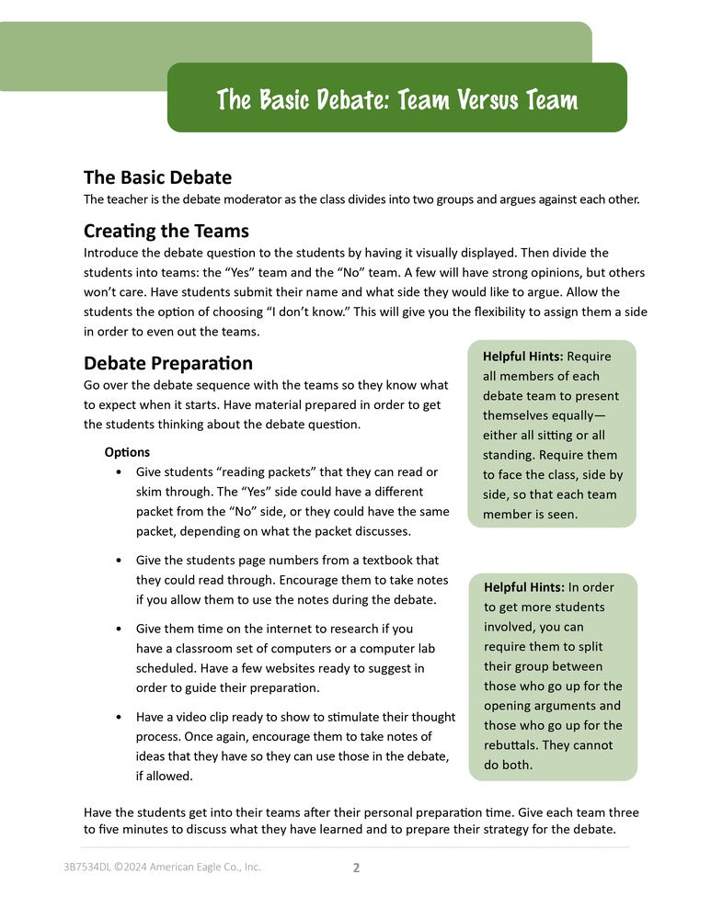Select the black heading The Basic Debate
157,177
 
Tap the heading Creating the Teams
166,231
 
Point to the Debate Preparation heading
167,364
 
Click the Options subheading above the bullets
127,452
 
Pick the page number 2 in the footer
356,867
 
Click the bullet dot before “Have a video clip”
120,717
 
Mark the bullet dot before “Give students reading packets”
120,472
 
